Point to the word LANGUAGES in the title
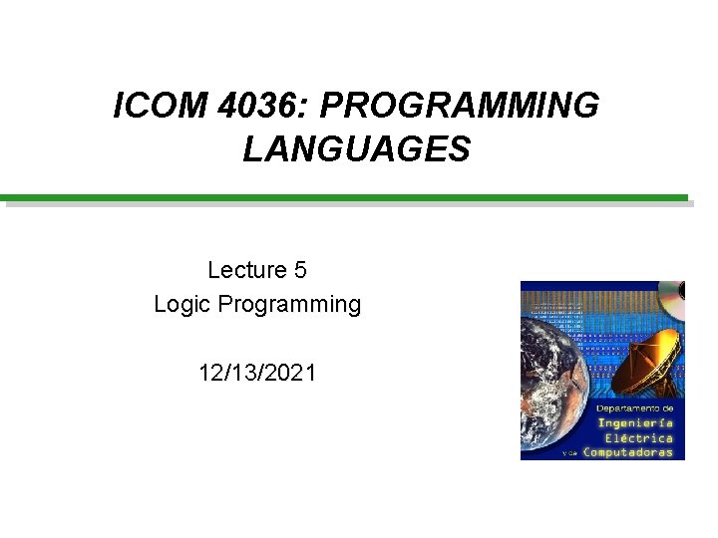point(356,149)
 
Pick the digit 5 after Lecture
point(300,269)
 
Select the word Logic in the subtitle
point(181,304)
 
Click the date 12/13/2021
point(257,374)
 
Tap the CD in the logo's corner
point(673,293)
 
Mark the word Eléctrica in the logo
point(639,437)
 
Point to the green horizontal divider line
point(344,197)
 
